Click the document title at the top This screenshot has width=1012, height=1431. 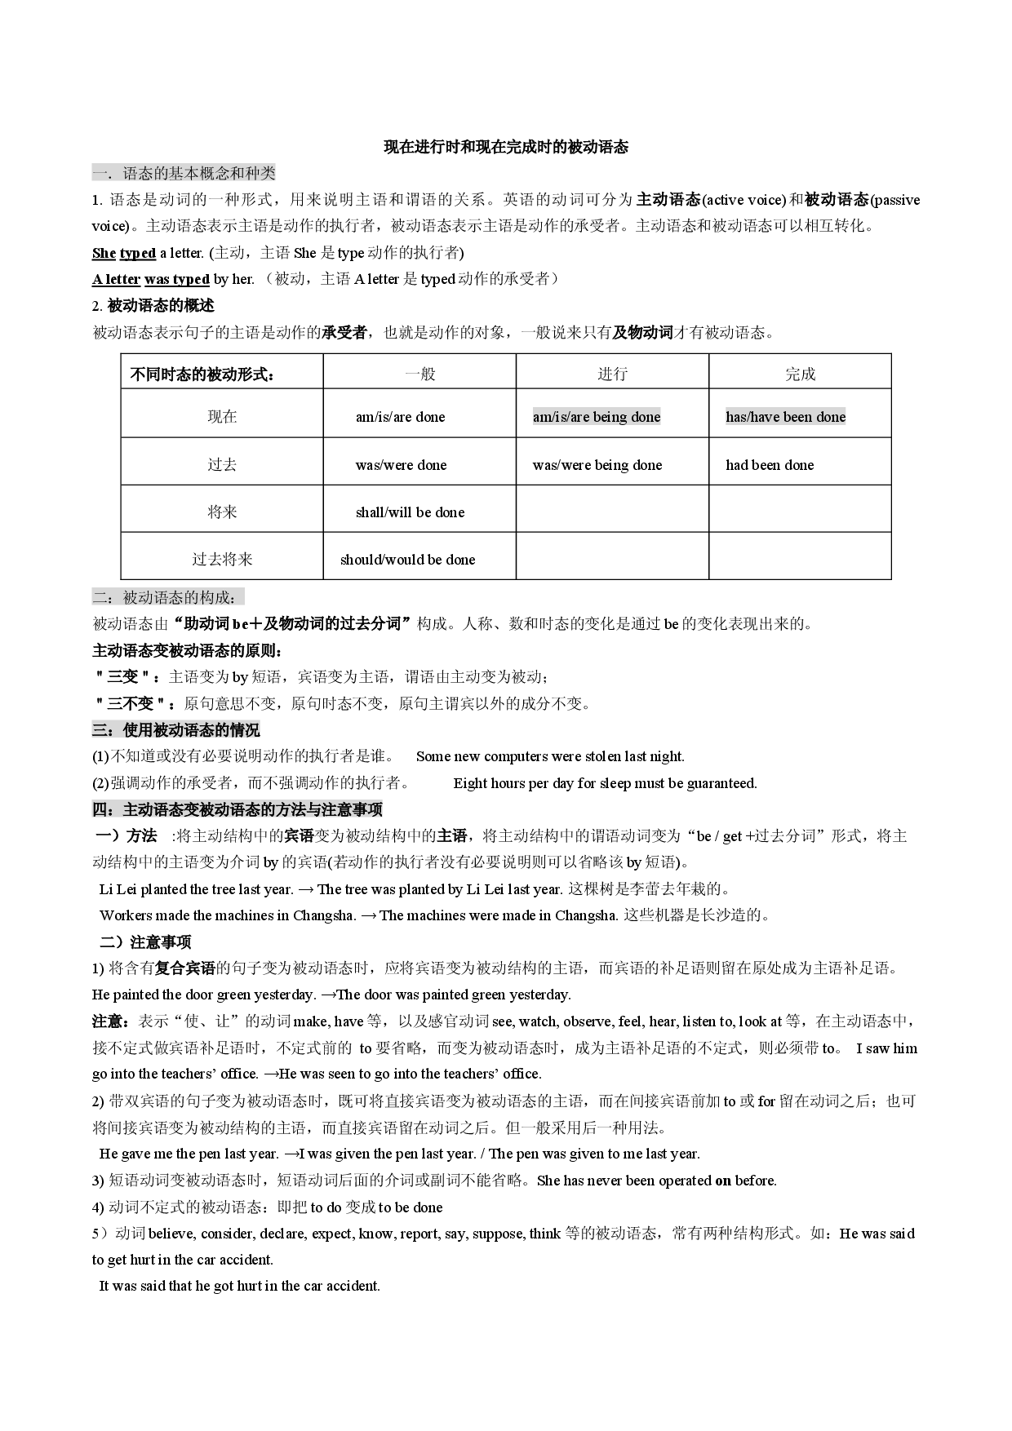click(x=506, y=148)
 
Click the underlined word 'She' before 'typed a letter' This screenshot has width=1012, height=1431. click(x=104, y=253)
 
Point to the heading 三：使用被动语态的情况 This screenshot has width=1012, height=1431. click(x=175, y=730)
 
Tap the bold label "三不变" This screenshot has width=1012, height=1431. click(x=131, y=703)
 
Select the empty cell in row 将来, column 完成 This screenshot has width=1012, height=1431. click(x=800, y=509)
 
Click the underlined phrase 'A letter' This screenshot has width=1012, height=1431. click(x=117, y=279)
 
